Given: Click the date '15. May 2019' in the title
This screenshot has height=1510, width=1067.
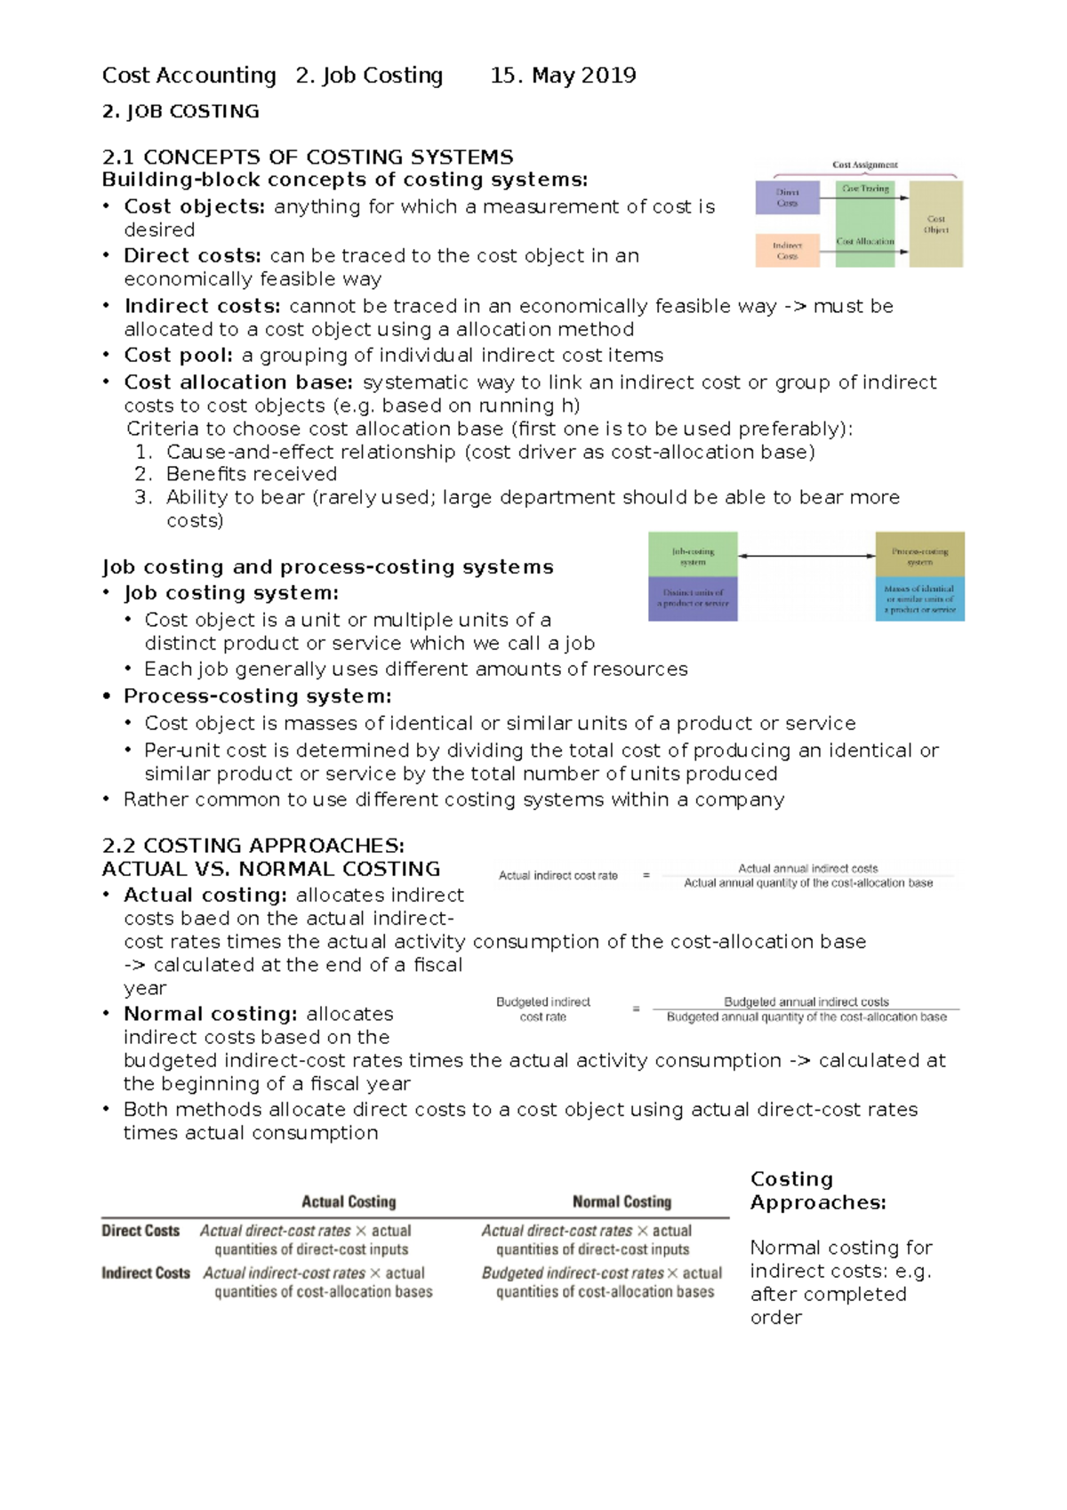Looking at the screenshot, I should click(x=563, y=76).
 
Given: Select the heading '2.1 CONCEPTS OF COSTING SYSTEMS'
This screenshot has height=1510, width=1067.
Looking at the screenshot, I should click(x=308, y=157).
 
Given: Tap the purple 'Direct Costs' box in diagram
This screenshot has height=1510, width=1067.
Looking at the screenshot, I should click(x=787, y=197).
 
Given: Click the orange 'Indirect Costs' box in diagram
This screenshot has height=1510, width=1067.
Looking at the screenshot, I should click(x=787, y=251).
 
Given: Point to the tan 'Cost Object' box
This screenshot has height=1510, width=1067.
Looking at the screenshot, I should click(x=935, y=224).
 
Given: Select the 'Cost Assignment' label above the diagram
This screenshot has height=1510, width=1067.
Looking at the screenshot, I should click(x=864, y=165).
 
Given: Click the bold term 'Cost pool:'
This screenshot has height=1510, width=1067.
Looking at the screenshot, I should click(x=179, y=356).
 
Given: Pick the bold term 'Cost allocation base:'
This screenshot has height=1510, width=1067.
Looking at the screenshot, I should click(x=238, y=382).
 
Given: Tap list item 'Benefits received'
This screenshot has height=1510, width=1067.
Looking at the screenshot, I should click(x=252, y=474).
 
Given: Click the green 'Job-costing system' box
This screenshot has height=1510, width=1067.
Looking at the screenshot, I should click(x=693, y=556).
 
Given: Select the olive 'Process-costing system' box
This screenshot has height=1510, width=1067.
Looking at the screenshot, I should click(x=919, y=556).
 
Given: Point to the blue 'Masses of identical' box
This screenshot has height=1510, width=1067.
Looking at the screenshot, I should click(x=919, y=599).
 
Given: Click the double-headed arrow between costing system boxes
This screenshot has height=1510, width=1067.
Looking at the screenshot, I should click(x=806, y=556).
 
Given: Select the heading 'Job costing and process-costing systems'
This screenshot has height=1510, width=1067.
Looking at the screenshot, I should click(x=327, y=567).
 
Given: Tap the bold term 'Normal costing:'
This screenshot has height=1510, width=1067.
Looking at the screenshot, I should click(x=211, y=1014).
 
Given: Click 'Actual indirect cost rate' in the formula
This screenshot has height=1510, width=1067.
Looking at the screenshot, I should click(x=558, y=876).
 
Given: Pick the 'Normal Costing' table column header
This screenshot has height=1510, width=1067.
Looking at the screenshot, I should click(x=622, y=1201).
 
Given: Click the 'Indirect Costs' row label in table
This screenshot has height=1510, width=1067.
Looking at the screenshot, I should click(x=146, y=1273).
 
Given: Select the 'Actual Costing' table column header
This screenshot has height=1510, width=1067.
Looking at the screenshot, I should click(x=349, y=1201).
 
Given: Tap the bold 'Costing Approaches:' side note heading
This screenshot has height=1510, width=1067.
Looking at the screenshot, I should click(x=818, y=1191).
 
